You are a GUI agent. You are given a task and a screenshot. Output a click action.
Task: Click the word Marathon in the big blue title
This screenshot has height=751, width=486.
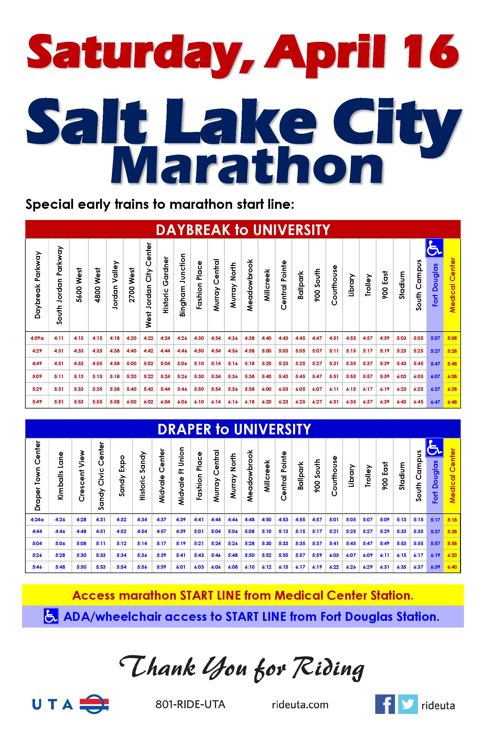[x=247, y=166]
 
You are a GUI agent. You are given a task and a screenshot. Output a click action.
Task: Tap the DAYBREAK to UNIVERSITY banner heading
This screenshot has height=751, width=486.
[x=243, y=230]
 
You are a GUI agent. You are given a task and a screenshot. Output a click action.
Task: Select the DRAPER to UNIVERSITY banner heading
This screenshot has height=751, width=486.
[x=234, y=429]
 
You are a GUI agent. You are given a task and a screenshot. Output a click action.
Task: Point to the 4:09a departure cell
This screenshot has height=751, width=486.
[x=37, y=338]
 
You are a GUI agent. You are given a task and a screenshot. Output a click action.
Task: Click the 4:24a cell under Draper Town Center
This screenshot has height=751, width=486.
[x=37, y=520]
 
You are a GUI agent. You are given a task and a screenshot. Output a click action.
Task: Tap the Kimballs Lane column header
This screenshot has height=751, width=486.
[x=60, y=476]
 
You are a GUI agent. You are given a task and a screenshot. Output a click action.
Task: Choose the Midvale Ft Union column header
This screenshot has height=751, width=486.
[x=181, y=476]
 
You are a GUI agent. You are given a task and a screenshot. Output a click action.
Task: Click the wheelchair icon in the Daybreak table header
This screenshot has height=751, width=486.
[x=434, y=248]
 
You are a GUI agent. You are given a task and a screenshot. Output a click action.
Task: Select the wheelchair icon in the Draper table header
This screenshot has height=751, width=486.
[x=434, y=447]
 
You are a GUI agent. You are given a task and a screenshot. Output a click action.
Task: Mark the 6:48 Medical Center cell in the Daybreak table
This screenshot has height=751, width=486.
[x=452, y=402]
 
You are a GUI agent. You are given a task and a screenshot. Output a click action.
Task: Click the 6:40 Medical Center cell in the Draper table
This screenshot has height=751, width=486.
[x=452, y=567]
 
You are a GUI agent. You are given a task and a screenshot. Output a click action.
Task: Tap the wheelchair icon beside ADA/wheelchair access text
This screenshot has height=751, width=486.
[x=51, y=617]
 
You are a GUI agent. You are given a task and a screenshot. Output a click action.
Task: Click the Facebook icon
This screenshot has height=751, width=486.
[x=385, y=704]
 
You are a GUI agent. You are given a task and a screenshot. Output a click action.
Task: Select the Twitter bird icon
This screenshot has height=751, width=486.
[x=408, y=704]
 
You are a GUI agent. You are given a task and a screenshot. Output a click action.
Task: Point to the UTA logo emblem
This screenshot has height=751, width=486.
[x=94, y=704]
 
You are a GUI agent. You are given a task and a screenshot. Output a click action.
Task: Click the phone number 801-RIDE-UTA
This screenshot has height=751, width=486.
[x=190, y=704]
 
